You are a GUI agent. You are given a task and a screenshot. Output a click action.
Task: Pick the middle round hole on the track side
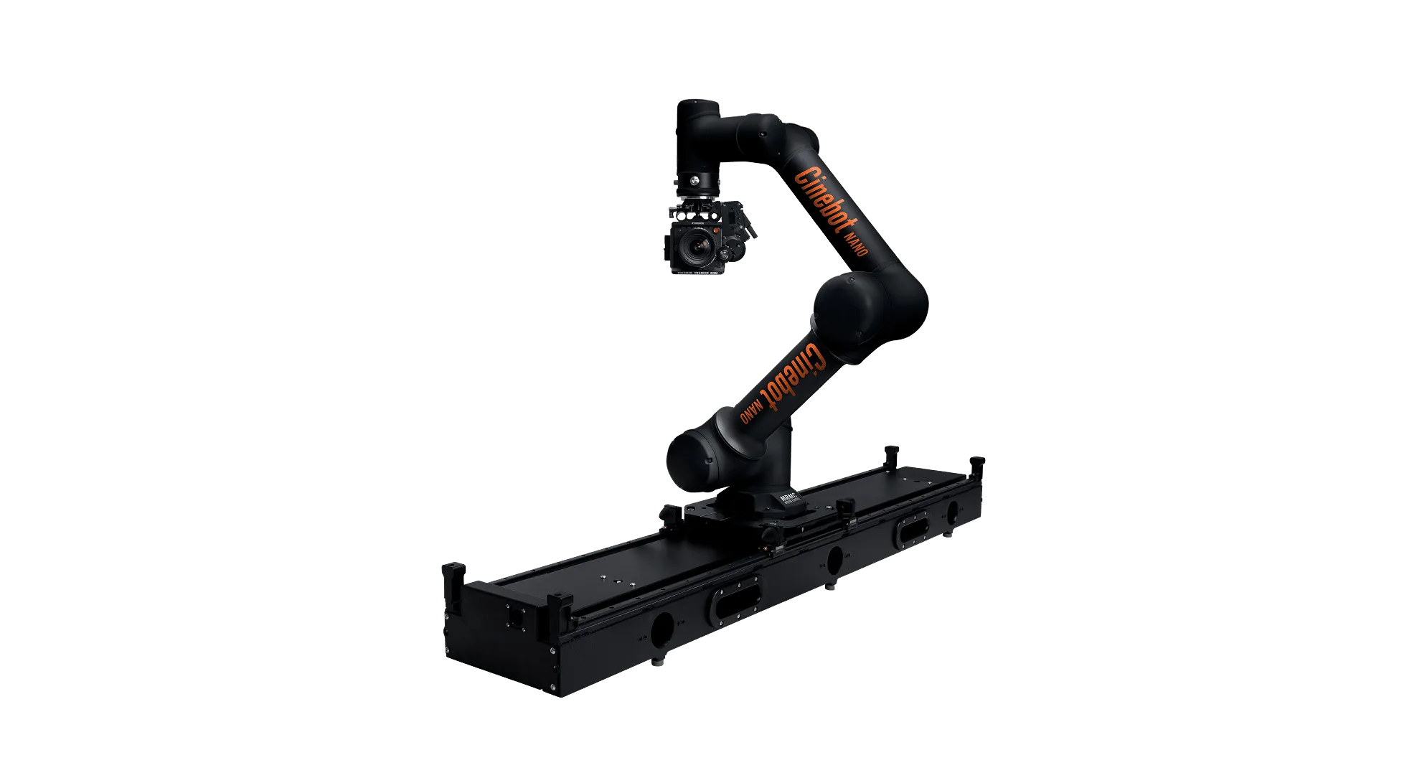pyautogui.click(x=834, y=560)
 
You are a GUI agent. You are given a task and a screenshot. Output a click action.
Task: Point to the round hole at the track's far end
pyautogui.click(x=952, y=512)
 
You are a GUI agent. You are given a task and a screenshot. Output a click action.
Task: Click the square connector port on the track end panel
pyautogui.click(x=514, y=615)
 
